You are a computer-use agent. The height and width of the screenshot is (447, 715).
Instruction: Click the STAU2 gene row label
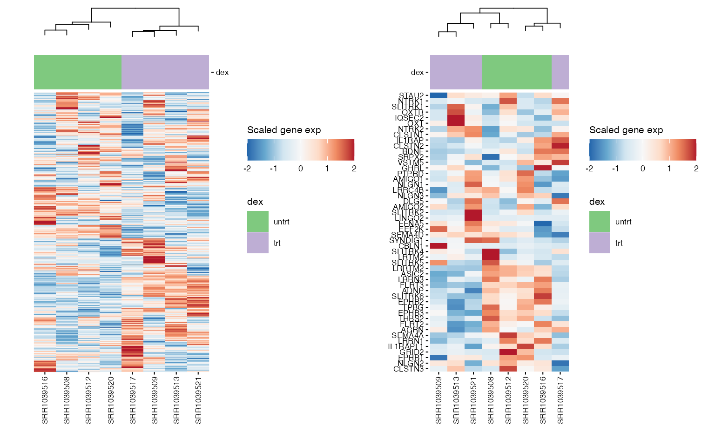click(411, 96)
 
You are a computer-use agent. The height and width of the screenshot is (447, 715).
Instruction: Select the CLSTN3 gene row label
click(408, 369)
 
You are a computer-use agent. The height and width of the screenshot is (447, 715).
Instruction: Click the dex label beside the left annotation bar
click(222, 73)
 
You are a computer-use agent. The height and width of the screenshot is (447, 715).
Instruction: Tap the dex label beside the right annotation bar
click(417, 73)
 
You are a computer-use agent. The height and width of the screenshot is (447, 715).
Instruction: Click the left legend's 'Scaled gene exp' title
click(284, 130)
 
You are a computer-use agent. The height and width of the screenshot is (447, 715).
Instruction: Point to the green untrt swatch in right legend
click(600, 222)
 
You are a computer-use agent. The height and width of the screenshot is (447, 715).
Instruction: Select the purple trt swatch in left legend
click(258, 243)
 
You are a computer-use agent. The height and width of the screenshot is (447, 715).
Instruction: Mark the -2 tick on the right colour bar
click(589, 169)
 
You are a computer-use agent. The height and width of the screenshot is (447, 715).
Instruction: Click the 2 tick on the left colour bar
click(354, 169)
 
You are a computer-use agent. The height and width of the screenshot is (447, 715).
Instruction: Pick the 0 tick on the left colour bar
click(301, 169)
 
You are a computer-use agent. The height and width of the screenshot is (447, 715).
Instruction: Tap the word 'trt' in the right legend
click(619, 244)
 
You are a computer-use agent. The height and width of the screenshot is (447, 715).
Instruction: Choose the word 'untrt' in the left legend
click(281, 222)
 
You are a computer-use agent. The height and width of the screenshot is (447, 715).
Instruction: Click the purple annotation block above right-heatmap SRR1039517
click(560, 72)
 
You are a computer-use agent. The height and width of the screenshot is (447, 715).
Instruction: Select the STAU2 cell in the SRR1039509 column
click(438, 95)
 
